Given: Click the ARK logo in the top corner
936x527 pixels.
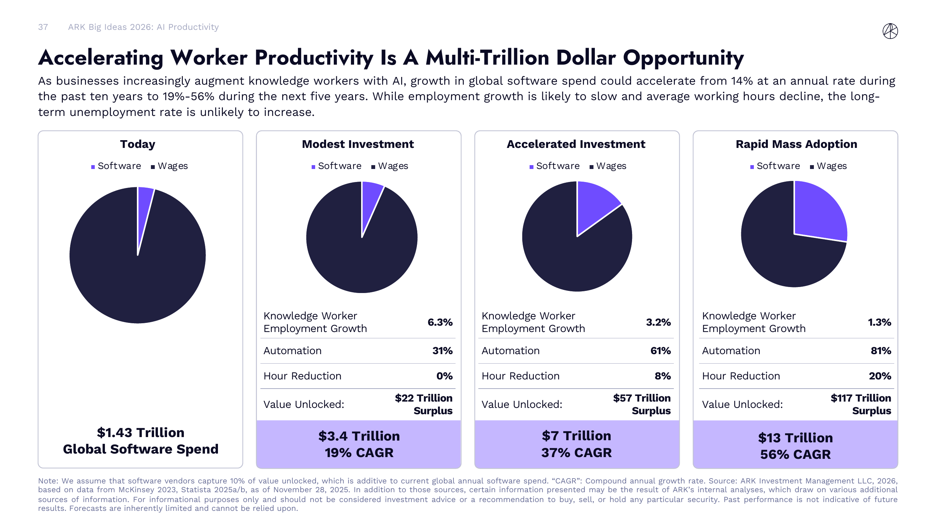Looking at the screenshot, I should (x=890, y=31).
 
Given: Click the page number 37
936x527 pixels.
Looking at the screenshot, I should (x=43, y=27).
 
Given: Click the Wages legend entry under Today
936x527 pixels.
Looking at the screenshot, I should (x=169, y=166).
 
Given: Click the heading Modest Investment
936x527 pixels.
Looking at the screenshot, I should (x=358, y=144).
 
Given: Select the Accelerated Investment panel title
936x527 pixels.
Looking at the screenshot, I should (x=576, y=144).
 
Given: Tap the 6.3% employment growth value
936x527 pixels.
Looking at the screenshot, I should (x=440, y=322).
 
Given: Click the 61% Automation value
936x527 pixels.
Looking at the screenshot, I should (x=660, y=351).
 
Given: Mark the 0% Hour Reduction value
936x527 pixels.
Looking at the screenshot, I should (x=444, y=376).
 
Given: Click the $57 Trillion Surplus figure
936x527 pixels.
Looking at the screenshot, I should (x=642, y=404).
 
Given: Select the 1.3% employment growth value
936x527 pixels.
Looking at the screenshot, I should (x=879, y=322).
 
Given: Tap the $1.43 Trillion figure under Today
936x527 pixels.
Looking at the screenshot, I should (x=141, y=432).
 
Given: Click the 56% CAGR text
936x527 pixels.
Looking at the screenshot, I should (x=795, y=454).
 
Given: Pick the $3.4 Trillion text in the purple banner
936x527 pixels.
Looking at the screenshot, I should (x=359, y=436).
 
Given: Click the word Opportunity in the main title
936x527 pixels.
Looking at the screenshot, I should (x=683, y=58).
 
